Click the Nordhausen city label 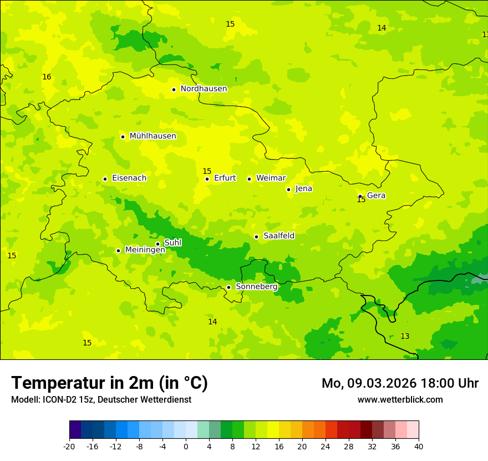[x=204, y=89]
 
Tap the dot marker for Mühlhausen [x=123, y=137]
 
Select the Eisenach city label [x=129, y=178]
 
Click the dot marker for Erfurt [x=207, y=179]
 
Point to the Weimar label [x=271, y=178]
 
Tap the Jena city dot [x=288, y=189]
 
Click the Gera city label [x=376, y=196]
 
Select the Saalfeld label [x=279, y=236]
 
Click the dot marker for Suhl [x=157, y=244]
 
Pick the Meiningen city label [x=145, y=250]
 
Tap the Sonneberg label [x=256, y=287]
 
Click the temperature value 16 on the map [x=47, y=77]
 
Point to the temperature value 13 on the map [x=405, y=337]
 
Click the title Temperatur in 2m [x=109, y=383]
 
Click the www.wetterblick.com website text [x=400, y=400]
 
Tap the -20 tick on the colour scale [x=69, y=446]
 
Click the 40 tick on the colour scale [x=419, y=446]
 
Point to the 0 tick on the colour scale [x=186, y=446]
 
